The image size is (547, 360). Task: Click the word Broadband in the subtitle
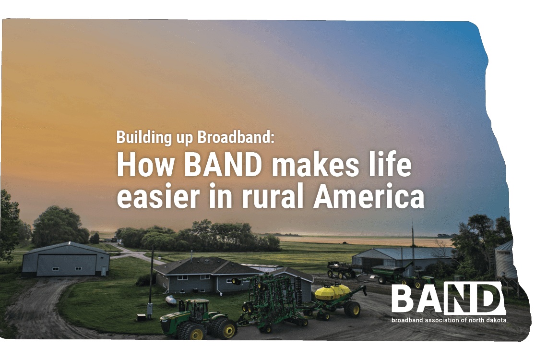click(x=234, y=137)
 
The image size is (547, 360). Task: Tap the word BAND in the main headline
click(x=223, y=165)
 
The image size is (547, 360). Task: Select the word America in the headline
click(x=369, y=197)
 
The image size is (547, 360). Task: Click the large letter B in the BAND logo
click(x=404, y=299)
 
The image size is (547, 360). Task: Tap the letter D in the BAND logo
click(x=486, y=299)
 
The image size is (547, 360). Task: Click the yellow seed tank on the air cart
click(x=333, y=292)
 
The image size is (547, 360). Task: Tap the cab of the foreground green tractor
click(x=197, y=308)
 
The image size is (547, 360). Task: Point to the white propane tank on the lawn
click(x=171, y=300)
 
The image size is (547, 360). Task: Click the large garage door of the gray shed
click(x=67, y=265)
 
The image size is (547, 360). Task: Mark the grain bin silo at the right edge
click(x=505, y=260)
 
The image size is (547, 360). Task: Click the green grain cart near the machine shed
click(x=391, y=273)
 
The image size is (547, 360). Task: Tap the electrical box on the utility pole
click(x=150, y=309)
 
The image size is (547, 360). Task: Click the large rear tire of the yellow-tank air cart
click(x=352, y=309)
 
